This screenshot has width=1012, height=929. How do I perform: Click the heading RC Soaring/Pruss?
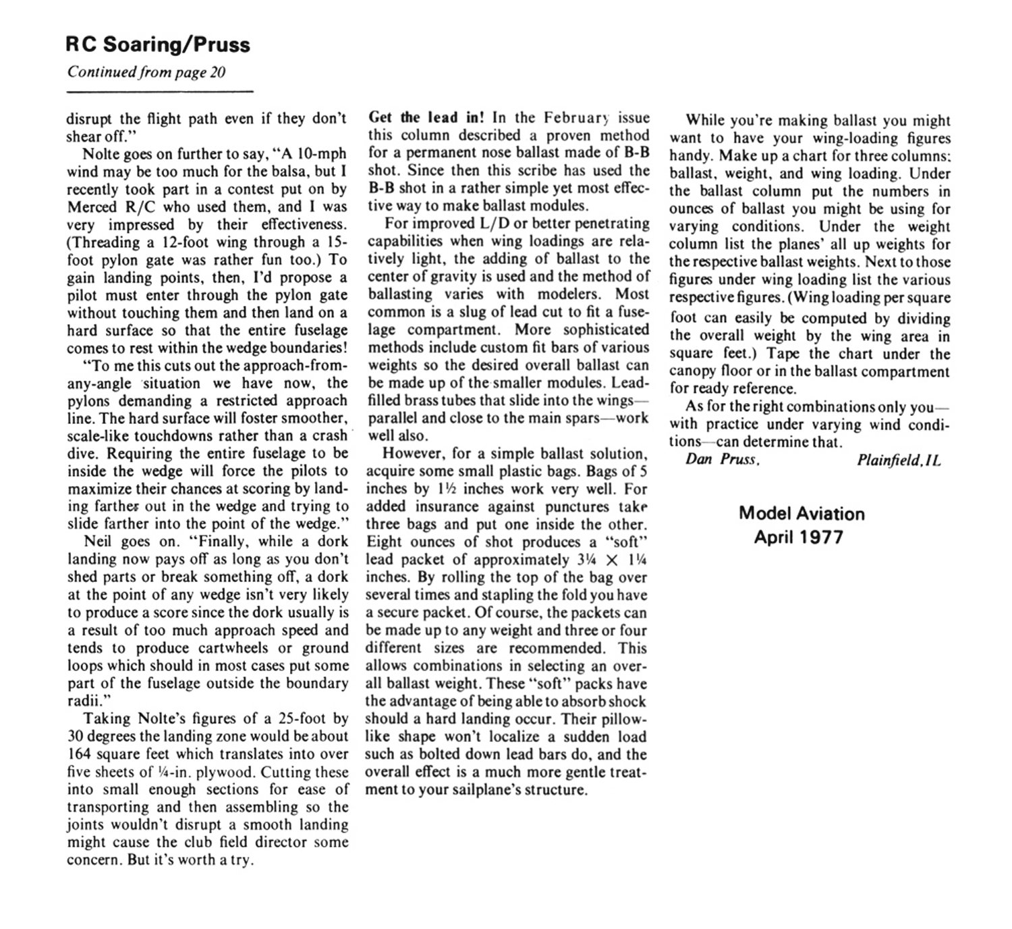tap(158, 45)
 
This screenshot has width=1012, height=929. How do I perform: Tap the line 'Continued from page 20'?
tap(146, 72)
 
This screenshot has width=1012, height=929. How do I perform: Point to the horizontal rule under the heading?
tap(160, 91)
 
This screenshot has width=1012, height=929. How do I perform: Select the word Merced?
tap(92, 207)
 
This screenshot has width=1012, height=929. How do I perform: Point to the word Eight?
tap(385, 541)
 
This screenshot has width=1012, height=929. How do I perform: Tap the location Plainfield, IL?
tap(898, 460)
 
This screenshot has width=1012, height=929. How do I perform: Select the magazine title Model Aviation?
tap(802, 513)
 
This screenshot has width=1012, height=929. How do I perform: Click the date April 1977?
tap(799, 537)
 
